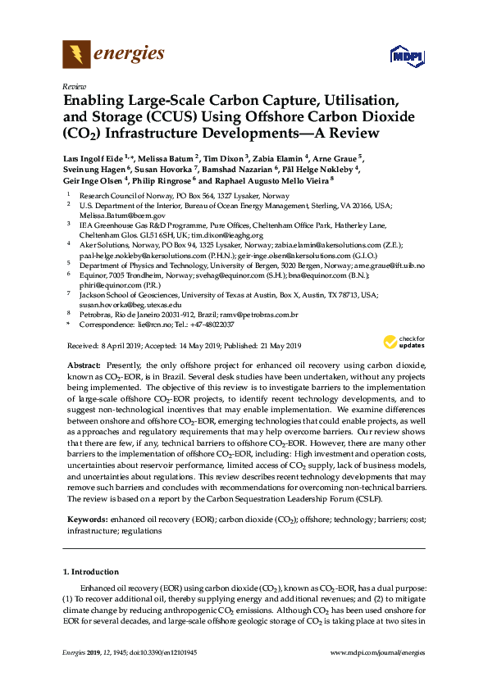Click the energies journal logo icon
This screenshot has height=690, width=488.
pos(76,55)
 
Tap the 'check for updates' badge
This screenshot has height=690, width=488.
pos(401,342)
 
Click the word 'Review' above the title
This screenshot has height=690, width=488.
pos(73,86)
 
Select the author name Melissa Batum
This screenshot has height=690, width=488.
pos(166,158)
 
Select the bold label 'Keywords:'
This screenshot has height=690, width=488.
pos(88,520)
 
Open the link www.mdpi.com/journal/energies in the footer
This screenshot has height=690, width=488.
pos(376,652)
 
